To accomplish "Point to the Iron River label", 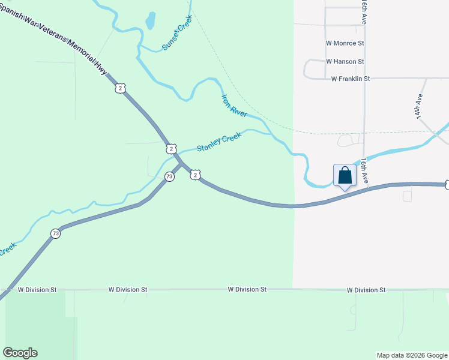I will (x=234, y=106).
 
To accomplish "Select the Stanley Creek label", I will (x=219, y=142).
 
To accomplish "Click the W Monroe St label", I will (x=345, y=43).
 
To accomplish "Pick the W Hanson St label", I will (x=345, y=61).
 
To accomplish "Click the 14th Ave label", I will (x=420, y=106).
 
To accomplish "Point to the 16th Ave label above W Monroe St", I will (x=364, y=12).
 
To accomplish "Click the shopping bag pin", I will (x=345, y=175).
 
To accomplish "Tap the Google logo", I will (x=20, y=353).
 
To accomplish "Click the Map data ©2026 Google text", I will (x=412, y=355).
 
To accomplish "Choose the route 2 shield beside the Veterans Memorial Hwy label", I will (x=121, y=88).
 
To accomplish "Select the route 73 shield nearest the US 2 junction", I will (x=170, y=177).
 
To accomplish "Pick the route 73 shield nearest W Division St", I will (x=55, y=233).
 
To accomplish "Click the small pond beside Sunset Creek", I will (x=150, y=21).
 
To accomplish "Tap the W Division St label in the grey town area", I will (x=366, y=290).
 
